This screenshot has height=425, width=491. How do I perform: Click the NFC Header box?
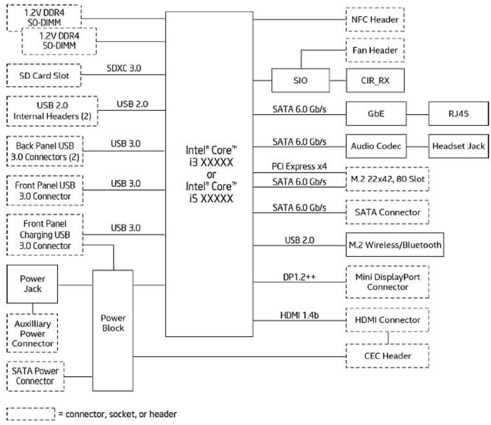coord(375,20)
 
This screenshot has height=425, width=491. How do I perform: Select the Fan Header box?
coord(375,50)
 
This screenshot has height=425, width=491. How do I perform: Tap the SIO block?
coord(300,80)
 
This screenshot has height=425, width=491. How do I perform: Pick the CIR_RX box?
coord(375,80)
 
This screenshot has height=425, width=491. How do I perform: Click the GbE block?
coord(376,114)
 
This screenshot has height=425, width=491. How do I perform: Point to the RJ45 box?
coord(458,114)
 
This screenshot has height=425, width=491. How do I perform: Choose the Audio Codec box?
coord(376,146)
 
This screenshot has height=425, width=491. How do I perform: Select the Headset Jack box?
coord(458,146)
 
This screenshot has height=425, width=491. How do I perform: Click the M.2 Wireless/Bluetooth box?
coord(395,245)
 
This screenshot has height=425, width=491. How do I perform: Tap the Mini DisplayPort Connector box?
coord(387,282)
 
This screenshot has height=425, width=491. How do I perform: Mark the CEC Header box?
coord(387,356)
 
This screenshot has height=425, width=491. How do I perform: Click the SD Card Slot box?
coord(44,76)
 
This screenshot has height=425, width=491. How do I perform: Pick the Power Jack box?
coord(32,284)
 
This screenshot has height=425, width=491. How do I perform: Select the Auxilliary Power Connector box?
coord(32,333)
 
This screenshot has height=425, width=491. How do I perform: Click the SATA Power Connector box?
coord(35,376)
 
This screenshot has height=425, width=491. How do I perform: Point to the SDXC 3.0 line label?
coord(124,68)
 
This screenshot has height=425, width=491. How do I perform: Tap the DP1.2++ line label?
coord(299,277)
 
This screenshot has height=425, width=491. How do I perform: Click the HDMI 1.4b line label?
coord(299,315)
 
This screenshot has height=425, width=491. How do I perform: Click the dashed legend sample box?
coord(31,414)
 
